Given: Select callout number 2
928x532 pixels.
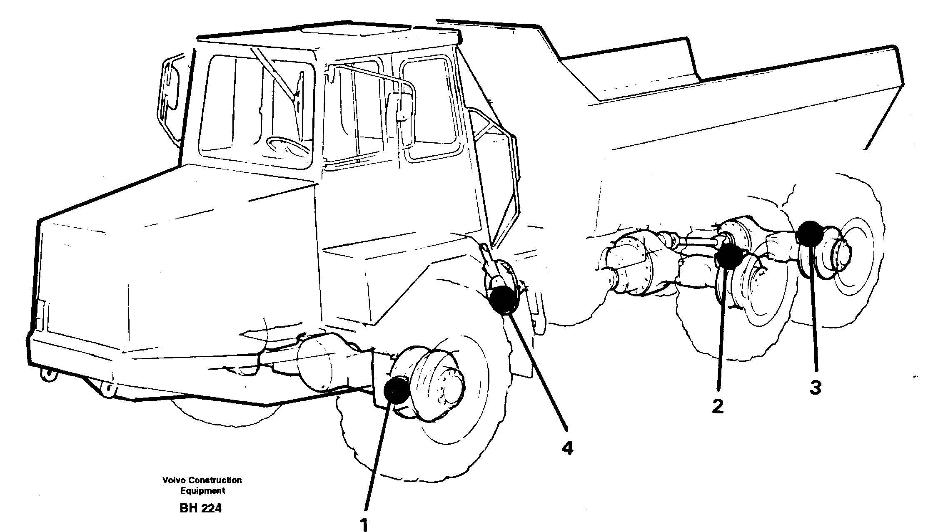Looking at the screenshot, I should [717, 406].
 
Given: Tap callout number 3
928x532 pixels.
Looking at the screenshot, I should [815, 388].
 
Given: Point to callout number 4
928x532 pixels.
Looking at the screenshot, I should [567, 448].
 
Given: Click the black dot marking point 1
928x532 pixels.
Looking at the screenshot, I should [396, 390].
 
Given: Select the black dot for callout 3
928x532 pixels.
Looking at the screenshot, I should [809, 233].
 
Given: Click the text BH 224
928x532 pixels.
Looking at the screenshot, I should [201, 508].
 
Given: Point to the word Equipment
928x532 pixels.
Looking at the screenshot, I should [202, 490].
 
